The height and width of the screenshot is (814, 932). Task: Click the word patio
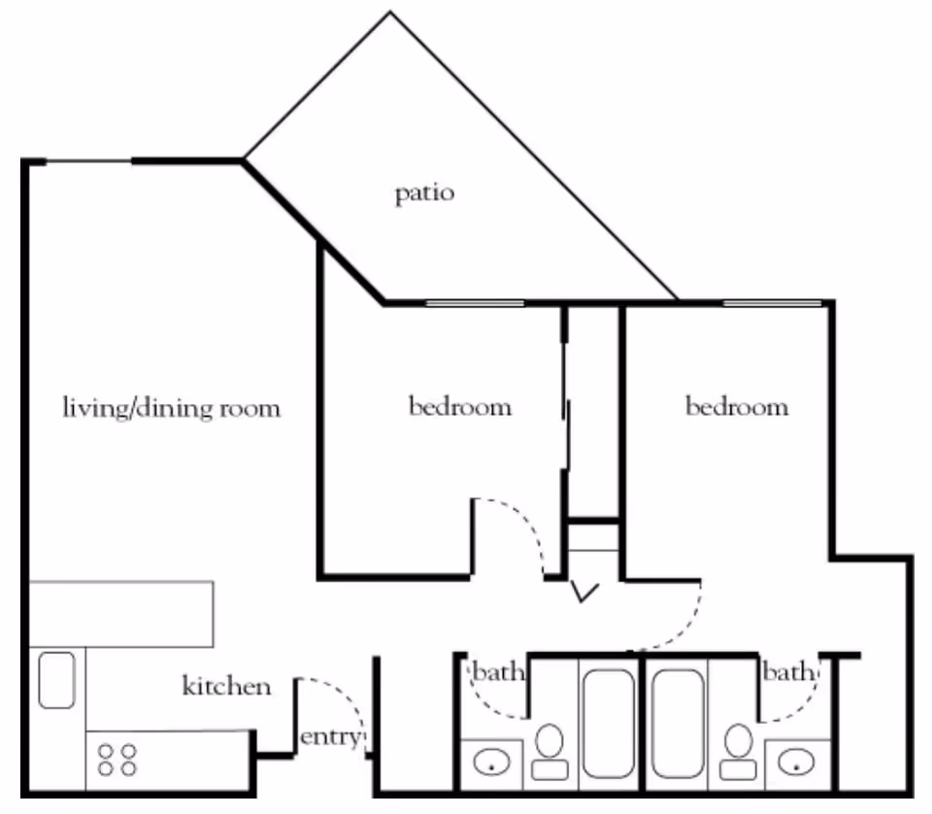click(424, 193)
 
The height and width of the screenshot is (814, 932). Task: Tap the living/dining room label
click(171, 407)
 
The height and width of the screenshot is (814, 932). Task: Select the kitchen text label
click(226, 687)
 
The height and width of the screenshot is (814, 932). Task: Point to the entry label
click(330, 737)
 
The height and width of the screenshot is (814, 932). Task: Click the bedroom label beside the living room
click(459, 406)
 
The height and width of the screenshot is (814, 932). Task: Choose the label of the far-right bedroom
click(737, 406)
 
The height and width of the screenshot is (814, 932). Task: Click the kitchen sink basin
click(57, 680)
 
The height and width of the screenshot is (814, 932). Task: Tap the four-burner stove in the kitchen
click(117, 759)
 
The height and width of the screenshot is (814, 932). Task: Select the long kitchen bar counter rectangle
click(120, 614)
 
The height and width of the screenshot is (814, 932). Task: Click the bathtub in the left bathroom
click(608, 724)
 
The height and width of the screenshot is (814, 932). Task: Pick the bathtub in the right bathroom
click(678, 724)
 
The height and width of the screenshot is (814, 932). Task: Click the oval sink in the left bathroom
click(491, 763)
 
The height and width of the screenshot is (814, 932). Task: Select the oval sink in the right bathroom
click(798, 763)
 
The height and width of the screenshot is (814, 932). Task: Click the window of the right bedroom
click(772, 303)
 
